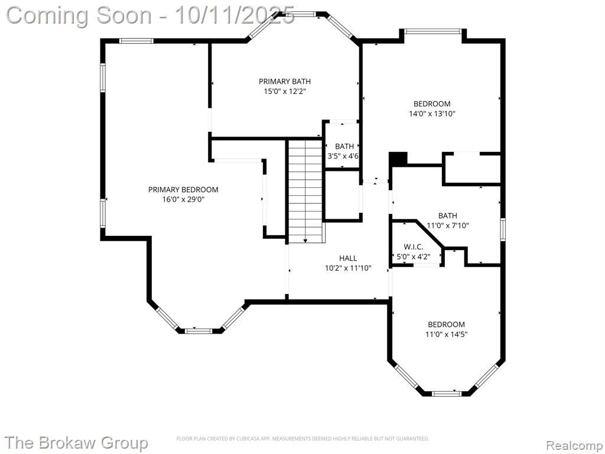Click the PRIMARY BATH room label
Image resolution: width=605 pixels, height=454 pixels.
click(284, 82)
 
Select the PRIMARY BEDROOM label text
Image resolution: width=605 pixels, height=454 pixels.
click(183, 190)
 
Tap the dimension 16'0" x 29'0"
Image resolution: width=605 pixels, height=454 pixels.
click(183, 200)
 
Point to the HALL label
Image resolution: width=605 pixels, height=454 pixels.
click(348, 258)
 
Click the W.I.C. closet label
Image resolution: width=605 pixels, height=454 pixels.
click(414, 247)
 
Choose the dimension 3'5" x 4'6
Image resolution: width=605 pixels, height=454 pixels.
click(343, 156)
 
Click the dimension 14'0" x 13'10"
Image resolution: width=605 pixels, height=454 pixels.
click(432, 114)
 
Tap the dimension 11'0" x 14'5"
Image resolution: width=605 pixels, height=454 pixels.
click(447, 335)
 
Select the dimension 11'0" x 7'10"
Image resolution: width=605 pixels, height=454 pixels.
click(448, 225)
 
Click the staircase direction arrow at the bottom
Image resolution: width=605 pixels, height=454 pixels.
click(305, 241)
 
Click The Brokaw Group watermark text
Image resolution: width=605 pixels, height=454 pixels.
click(77, 443)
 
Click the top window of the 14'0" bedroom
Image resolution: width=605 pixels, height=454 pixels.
click(432, 31)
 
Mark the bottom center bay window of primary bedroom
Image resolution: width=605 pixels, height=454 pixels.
click(199, 331)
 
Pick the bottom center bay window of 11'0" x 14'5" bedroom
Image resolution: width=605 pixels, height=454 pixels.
click(446, 393)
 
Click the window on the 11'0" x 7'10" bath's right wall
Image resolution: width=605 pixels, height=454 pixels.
click(503, 230)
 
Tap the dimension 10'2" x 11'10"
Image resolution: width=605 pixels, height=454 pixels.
click(348, 268)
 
